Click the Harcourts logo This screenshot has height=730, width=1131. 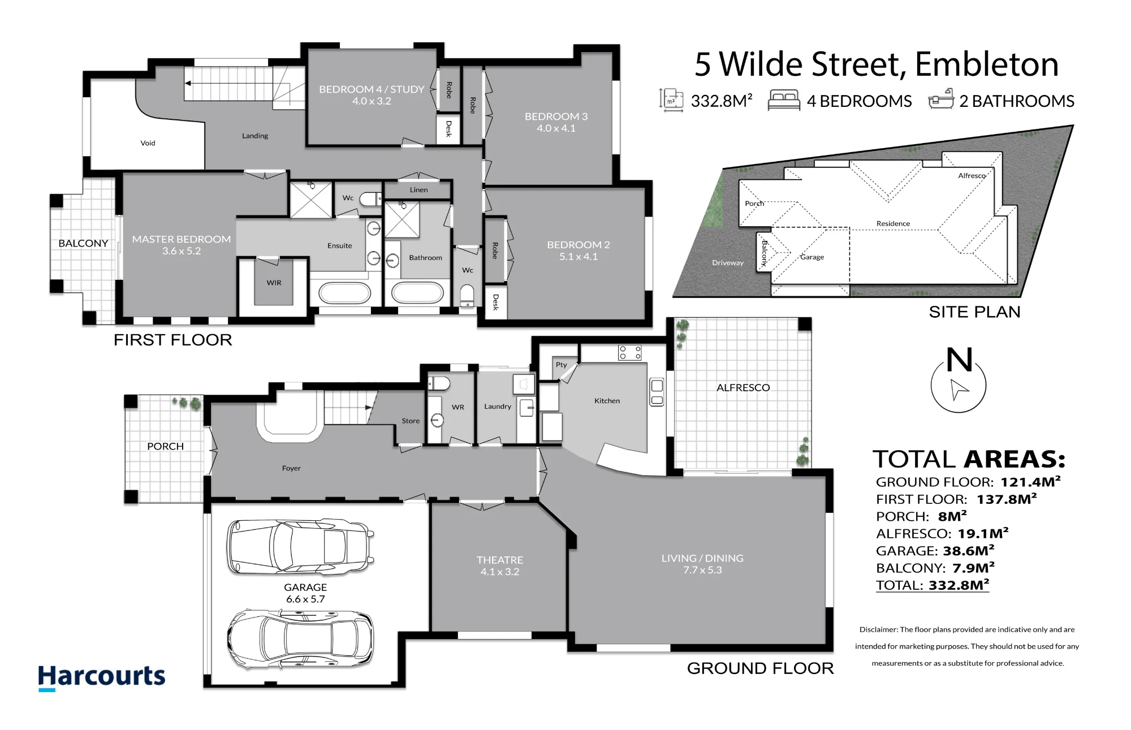102,677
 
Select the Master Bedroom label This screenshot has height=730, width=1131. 182,245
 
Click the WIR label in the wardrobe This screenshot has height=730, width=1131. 274,283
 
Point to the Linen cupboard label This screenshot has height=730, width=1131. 419,190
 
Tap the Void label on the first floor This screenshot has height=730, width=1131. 148,143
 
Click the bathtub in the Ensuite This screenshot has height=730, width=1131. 345,293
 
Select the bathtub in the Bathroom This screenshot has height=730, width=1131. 418,293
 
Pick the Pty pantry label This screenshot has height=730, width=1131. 561,365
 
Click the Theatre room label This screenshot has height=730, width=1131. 500,565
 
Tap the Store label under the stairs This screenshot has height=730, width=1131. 411,421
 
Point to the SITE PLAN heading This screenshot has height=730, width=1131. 975,312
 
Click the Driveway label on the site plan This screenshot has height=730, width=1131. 728,263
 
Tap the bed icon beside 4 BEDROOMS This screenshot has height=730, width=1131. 783,100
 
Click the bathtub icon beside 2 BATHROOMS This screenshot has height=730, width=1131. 941,100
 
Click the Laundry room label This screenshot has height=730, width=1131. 498,407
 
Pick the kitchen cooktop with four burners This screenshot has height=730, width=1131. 630,353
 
